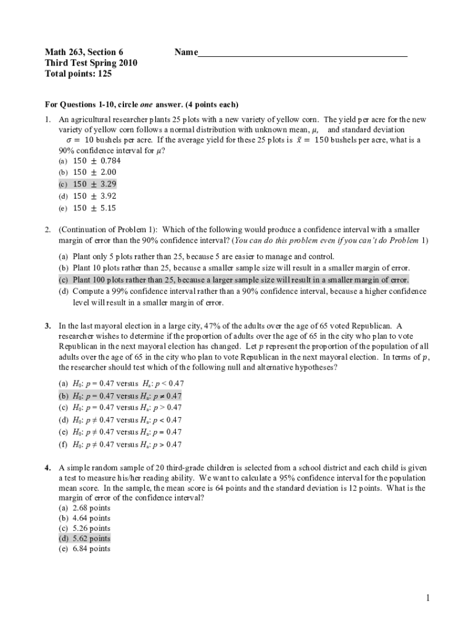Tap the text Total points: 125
coord(78,74)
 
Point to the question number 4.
coord(47,468)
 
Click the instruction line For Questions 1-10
coord(142,104)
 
